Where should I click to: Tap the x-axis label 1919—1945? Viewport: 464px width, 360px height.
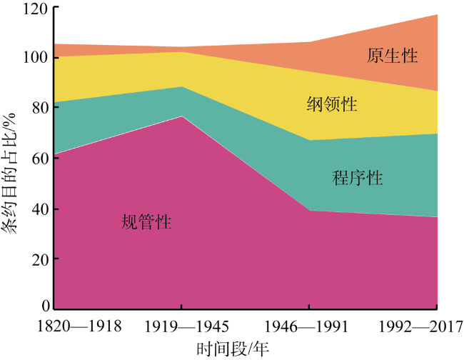click(181, 326)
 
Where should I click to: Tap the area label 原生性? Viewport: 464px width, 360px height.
click(393, 55)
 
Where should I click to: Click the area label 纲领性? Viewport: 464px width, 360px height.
click(332, 104)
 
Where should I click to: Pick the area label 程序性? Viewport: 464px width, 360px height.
click(358, 177)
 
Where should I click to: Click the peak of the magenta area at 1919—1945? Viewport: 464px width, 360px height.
click(181, 116)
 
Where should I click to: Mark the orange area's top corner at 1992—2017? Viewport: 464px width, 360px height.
click(437, 14)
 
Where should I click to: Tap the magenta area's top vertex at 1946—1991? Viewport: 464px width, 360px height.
click(308, 211)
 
